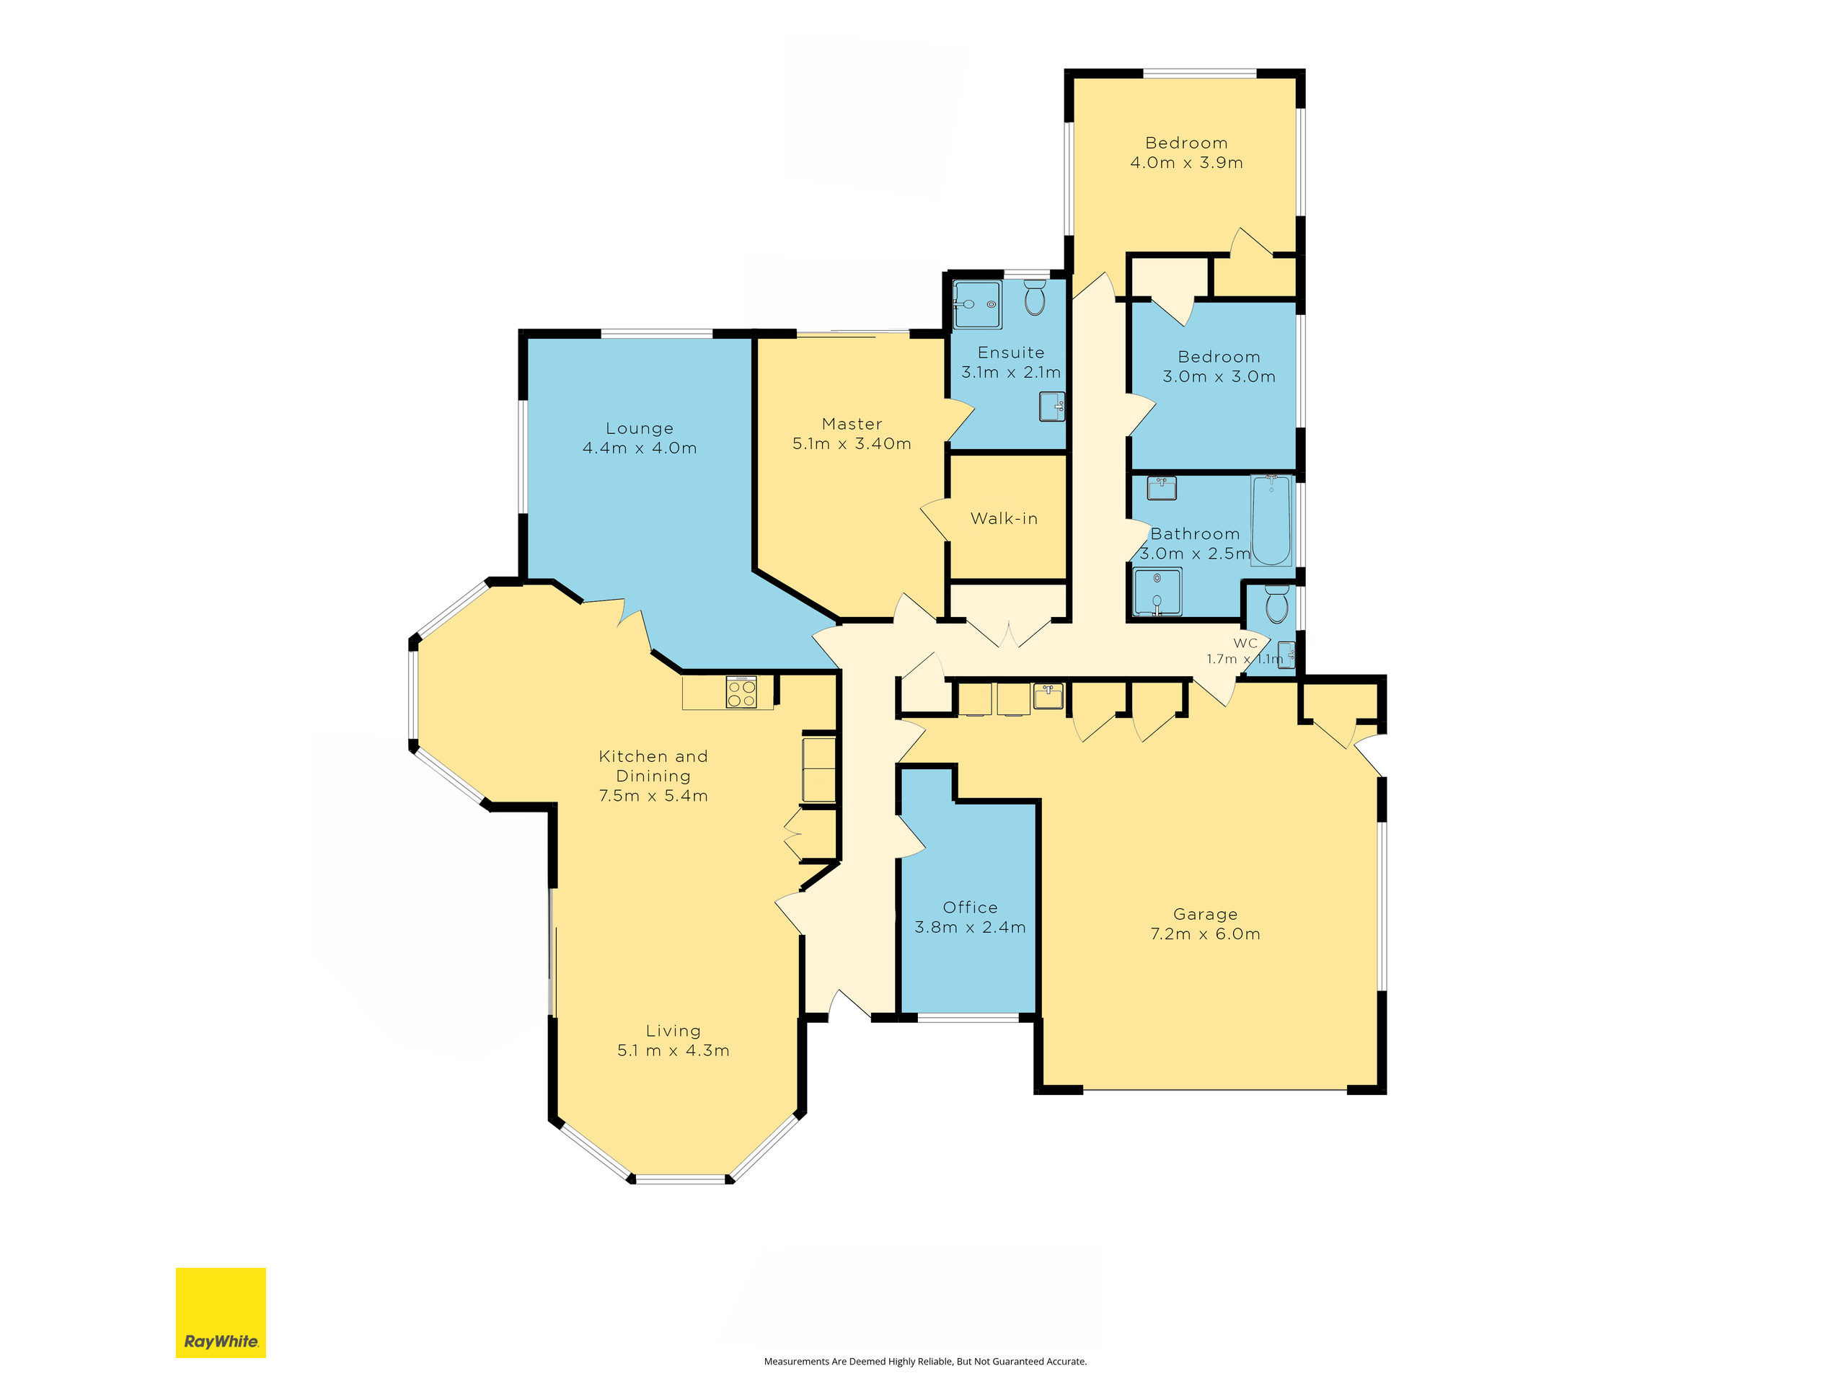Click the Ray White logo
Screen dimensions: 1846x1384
click(x=221, y=1312)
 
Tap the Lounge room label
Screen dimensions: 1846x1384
click(x=640, y=429)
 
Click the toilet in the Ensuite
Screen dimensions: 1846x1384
click(x=1035, y=298)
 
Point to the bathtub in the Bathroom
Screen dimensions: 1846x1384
click(x=1271, y=520)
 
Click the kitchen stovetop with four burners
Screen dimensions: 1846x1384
click(x=741, y=693)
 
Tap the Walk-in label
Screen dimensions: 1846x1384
click(x=1004, y=519)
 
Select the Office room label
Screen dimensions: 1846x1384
click(x=970, y=908)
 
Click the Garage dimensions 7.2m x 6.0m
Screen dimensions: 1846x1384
click(x=1205, y=934)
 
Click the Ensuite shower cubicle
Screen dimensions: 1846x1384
click(x=977, y=304)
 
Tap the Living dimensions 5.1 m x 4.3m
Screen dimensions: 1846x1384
click(x=673, y=1051)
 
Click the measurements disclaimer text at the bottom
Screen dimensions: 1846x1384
click(x=924, y=1362)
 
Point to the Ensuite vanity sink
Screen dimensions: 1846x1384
click(x=1051, y=407)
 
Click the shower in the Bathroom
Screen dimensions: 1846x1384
click(x=1157, y=592)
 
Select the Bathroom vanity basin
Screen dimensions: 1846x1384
click(x=1162, y=488)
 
